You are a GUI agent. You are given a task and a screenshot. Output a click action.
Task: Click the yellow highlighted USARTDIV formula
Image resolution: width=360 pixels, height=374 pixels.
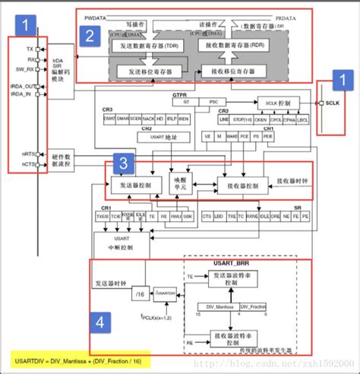click(76, 358)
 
